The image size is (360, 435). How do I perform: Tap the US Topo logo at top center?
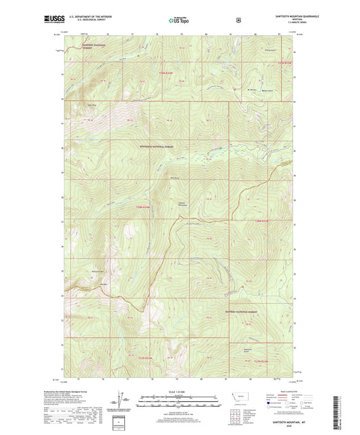click(x=178, y=20)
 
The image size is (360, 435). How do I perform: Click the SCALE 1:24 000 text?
click(x=180, y=391)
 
